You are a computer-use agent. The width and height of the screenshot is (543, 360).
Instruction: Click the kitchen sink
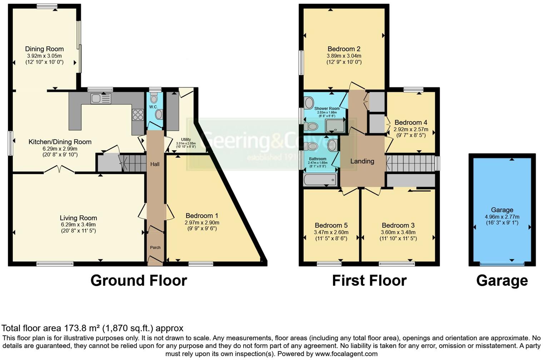click(x=100, y=98)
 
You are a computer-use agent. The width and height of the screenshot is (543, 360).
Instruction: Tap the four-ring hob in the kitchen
click(x=138, y=115)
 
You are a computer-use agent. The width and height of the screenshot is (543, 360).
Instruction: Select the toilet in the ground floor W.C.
click(x=154, y=98)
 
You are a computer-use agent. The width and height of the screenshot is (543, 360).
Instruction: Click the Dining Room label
click(x=44, y=49)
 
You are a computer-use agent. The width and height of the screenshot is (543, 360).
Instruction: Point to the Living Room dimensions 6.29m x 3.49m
click(x=78, y=225)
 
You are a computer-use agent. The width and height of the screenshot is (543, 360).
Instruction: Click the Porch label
click(x=155, y=247)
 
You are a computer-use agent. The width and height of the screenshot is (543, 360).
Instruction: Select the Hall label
click(x=155, y=164)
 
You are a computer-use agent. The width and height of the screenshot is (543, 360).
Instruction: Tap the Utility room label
click(x=186, y=140)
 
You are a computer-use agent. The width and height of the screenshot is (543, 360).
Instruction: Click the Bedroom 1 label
click(x=202, y=216)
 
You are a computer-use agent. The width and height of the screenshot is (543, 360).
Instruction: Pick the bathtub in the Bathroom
click(x=320, y=180)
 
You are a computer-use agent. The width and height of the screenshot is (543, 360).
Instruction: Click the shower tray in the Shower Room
click(x=335, y=126)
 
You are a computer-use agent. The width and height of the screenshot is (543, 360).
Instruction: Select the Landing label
click(x=362, y=161)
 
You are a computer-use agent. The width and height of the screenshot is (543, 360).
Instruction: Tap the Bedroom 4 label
click(x=411, y=122)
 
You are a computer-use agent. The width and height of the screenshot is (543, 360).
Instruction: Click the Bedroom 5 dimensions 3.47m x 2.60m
click(x=331, y=232)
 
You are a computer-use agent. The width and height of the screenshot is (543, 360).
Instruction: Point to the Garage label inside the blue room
click(x=502, y=210)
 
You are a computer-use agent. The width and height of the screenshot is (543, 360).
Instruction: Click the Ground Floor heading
click(x=139, y=281)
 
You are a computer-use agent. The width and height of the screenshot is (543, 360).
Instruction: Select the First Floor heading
click(x=369, y=281)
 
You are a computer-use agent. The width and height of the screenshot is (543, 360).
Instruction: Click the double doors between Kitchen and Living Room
click(x=60, y=169)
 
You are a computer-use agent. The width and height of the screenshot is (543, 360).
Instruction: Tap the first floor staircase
click(x=411, y=163)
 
